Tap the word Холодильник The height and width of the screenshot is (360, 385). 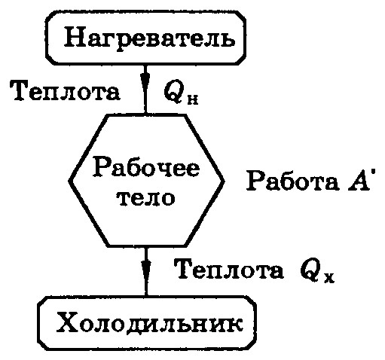point(150,322)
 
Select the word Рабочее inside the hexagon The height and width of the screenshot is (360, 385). point(146,167)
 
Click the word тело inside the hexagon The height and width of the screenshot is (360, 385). point(146,198)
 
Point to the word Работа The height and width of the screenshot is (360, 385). point(292,181)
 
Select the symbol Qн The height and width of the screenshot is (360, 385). point(181,93)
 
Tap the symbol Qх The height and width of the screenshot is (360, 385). point(317,273)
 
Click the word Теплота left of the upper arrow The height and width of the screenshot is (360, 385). point(65,91)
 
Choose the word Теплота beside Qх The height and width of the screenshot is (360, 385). point(230,269)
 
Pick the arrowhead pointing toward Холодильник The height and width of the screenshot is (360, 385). point(145,269)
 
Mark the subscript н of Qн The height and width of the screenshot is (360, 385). point(192,99)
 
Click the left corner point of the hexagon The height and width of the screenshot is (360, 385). point(69,181)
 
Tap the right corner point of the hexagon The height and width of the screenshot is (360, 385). point(223,181)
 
